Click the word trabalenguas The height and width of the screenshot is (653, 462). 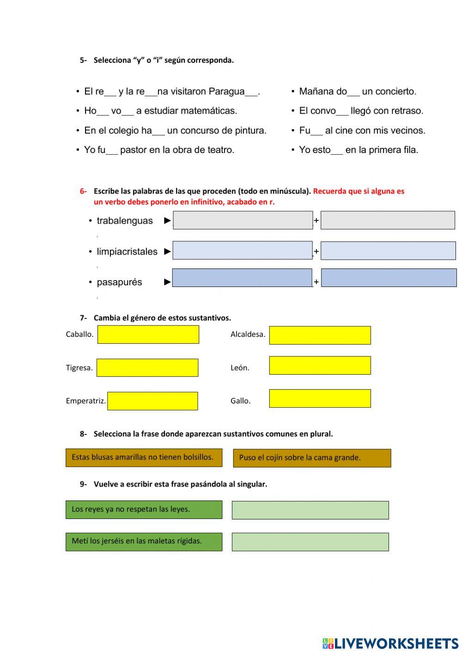pos(124,221)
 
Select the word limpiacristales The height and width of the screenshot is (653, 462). pos(127,252)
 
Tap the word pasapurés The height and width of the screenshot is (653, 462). pos(119,282)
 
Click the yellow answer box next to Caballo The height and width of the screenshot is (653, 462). pos(148,335)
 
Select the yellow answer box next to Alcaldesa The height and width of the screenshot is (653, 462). pos(320,336)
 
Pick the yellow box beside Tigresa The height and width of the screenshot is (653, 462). pos(147,368)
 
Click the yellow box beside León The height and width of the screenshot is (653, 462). pos(320,366)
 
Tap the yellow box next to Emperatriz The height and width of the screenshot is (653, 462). pos(152,401)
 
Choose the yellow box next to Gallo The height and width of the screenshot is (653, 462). pos(320,398)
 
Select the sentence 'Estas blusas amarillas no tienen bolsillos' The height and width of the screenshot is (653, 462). pos(144,458)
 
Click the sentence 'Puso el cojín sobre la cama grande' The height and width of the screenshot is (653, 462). pos(312,458)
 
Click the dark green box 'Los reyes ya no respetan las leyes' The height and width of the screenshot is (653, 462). pos(144,509)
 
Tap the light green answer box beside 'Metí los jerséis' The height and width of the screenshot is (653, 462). pos(310,542)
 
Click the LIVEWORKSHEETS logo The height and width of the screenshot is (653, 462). pos(390,643)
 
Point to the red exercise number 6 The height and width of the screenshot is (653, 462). pos(83,191)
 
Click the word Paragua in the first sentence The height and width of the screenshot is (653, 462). pos(226,92)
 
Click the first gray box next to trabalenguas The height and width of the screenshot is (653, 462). pos(243,220)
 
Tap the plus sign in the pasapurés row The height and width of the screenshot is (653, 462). pos(316,282)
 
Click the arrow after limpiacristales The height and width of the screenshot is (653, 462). pos(167,252)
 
